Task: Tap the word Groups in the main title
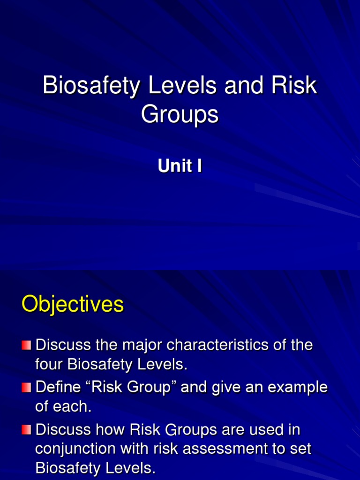click(180, 114)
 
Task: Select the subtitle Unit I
click(180, 166)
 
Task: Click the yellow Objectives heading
click(73, 305)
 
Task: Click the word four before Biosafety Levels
click(49, 365)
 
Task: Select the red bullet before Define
click(26, 388)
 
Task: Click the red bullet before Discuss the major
click(26, 345)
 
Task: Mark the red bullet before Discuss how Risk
click(26, 429)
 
